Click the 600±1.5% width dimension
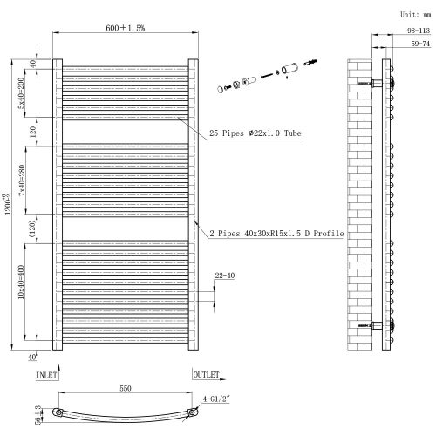(126, 28)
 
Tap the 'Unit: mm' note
(412, 15)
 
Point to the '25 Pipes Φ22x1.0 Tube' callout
(255, 133)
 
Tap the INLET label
(47, 375)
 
